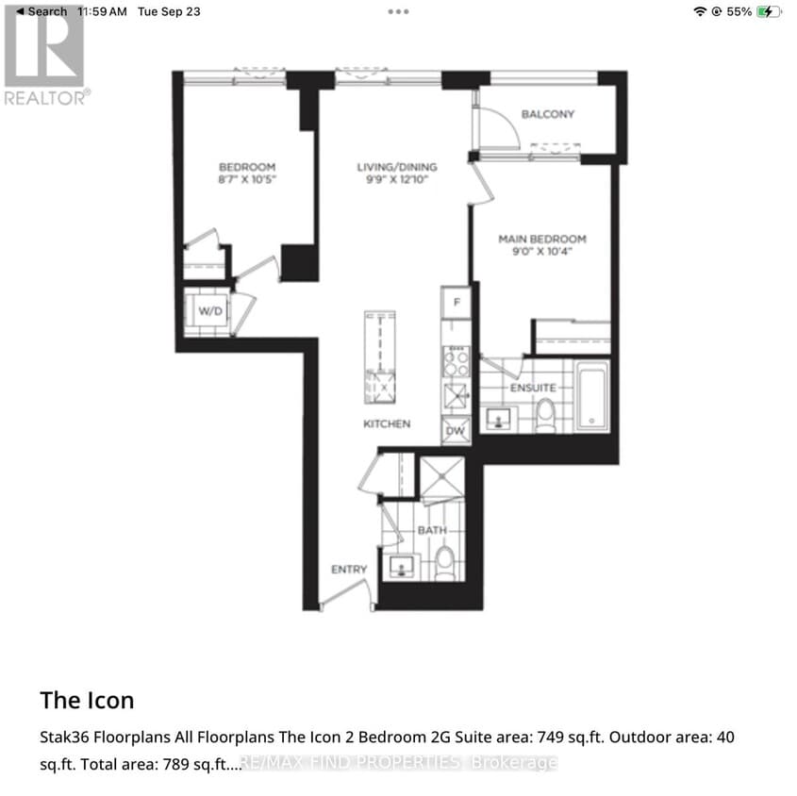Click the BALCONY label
click(548, 114)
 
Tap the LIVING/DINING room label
click(396, 168)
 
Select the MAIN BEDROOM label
click(542, 239)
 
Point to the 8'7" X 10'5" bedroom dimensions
click(246, 178)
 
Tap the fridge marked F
click(457, 303)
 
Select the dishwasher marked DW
click(456, 430)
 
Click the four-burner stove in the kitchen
click(456, 361)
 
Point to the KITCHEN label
click(387, 423)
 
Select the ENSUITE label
click(533, 388)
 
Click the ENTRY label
click(348, 570)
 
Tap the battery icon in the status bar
click(769, 11)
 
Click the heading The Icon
click(87, 700)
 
